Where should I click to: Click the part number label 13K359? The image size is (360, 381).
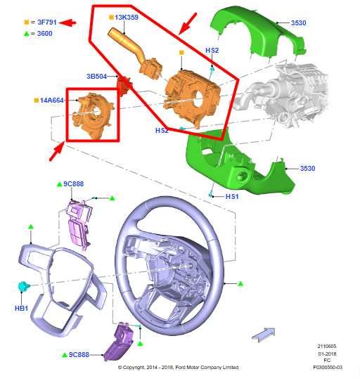point(127,18)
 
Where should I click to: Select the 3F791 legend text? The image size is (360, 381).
point(47,22)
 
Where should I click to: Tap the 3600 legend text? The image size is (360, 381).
point(45,34)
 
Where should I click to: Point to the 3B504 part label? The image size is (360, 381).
point(97,77)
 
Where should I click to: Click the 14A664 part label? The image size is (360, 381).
point(51,101)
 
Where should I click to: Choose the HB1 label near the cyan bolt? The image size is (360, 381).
point(21,309)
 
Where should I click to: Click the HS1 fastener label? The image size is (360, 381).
point(232,197)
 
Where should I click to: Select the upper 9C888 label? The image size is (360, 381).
point(73,184)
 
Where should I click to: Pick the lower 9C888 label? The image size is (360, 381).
point(79,355)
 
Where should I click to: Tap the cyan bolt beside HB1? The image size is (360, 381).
point(24,286)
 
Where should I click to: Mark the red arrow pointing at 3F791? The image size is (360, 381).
point(67,22)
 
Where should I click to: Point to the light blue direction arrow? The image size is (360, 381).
point(264,335)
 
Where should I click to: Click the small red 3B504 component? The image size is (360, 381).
point(124,84)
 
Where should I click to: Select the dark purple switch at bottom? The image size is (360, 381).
point(119,342)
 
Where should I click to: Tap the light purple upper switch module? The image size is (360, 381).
point(79,224)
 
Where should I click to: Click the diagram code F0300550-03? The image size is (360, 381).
point(328,368)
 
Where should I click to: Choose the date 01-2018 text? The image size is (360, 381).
point(327,354)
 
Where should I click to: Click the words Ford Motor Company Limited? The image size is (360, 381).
point(207,368)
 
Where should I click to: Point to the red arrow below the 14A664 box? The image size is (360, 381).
point(56,152)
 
